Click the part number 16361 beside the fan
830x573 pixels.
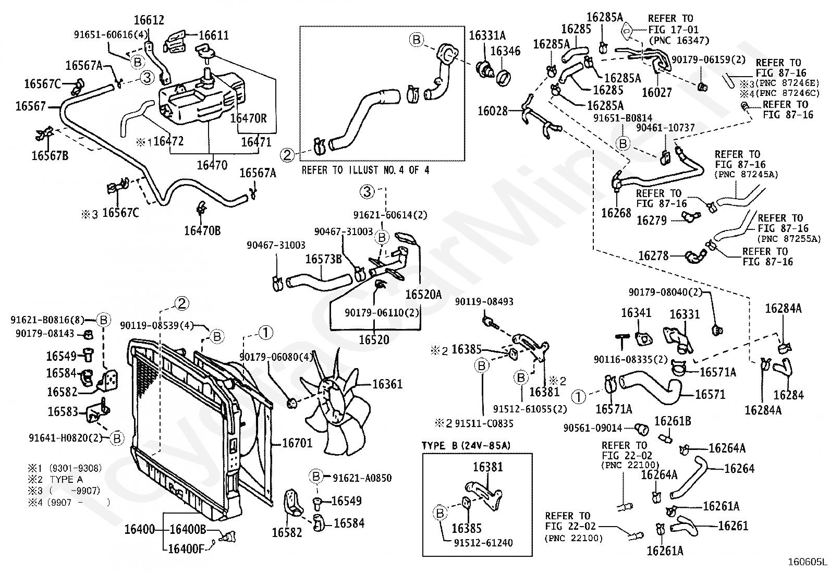tap(387, 384)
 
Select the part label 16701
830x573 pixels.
tap(297, 443)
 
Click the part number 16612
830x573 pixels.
tap(149, 20)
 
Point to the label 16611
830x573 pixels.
tap(214, 35)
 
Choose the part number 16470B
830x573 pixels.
tap(202, 231)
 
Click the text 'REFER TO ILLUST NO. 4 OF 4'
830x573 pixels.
tap(365, 170)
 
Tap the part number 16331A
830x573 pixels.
tap(487, 35)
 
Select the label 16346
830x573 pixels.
tap(505, 51)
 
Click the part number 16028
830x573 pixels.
tap(493, 111)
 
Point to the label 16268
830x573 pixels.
tap(616, 213)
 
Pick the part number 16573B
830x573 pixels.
tap(323, 259)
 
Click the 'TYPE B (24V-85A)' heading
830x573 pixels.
tap(466, 445)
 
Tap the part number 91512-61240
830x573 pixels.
tap(483, 543)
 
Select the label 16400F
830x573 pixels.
tap(186, 548)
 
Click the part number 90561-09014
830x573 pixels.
tap(593, 428)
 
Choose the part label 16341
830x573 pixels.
tap(636, 313)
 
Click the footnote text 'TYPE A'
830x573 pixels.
tap(66, 479)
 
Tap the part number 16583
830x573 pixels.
tap(63, 411)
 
